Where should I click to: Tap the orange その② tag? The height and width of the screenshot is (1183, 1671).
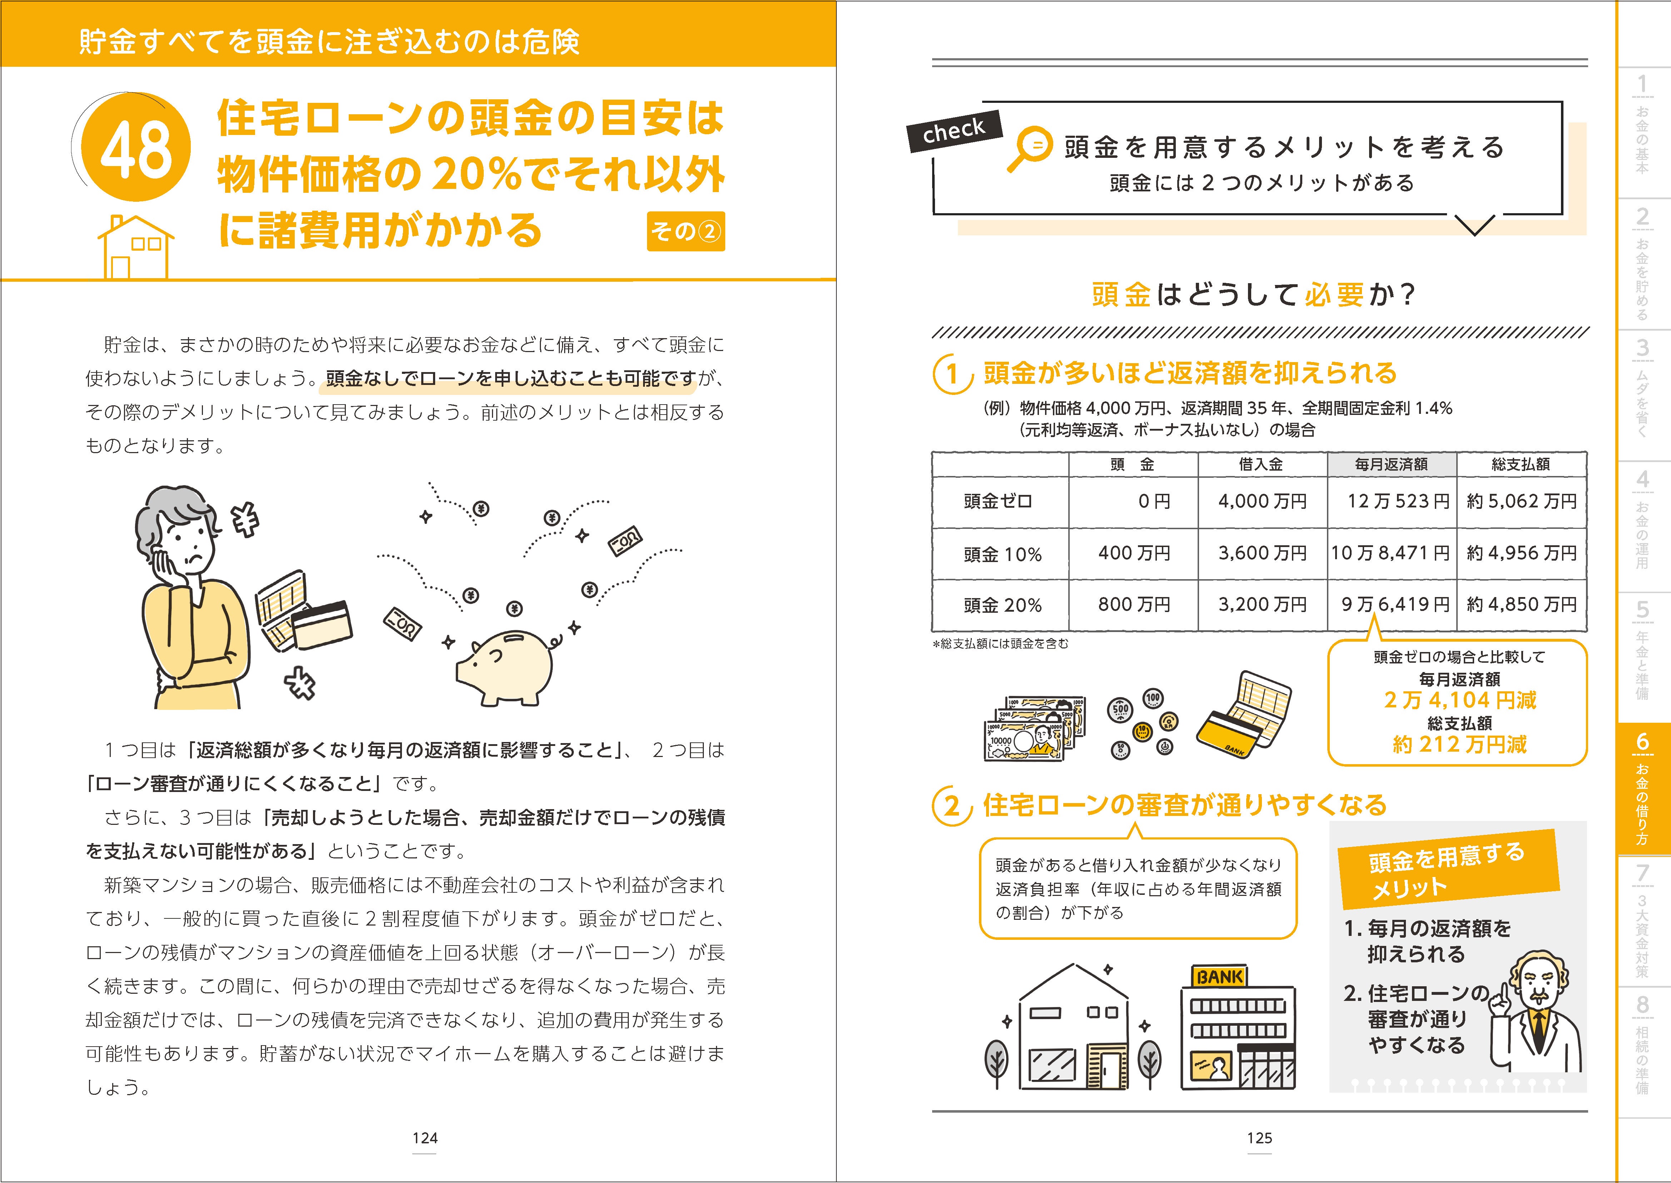tap(685, 232)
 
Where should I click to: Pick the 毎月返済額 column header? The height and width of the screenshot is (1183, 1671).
tap(1391, 464)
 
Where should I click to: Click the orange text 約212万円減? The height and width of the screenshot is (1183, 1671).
tap(1459, 745)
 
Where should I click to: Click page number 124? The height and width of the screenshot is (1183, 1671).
tap(425, 1138)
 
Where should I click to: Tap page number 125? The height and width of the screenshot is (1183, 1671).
tap(1259, 1138)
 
